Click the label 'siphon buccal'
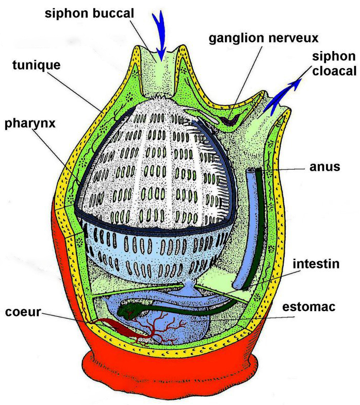coord(89,14)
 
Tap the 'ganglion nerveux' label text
coord(264,38)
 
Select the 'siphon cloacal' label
coord(334,63)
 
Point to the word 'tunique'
coord(37,65)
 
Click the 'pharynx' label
coord(30,124)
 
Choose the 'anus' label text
coord(325,167)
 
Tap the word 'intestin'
coord(316,264)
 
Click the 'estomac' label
coord(309,307)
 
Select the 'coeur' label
coord(23,312)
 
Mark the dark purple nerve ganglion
coord(230,120)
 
